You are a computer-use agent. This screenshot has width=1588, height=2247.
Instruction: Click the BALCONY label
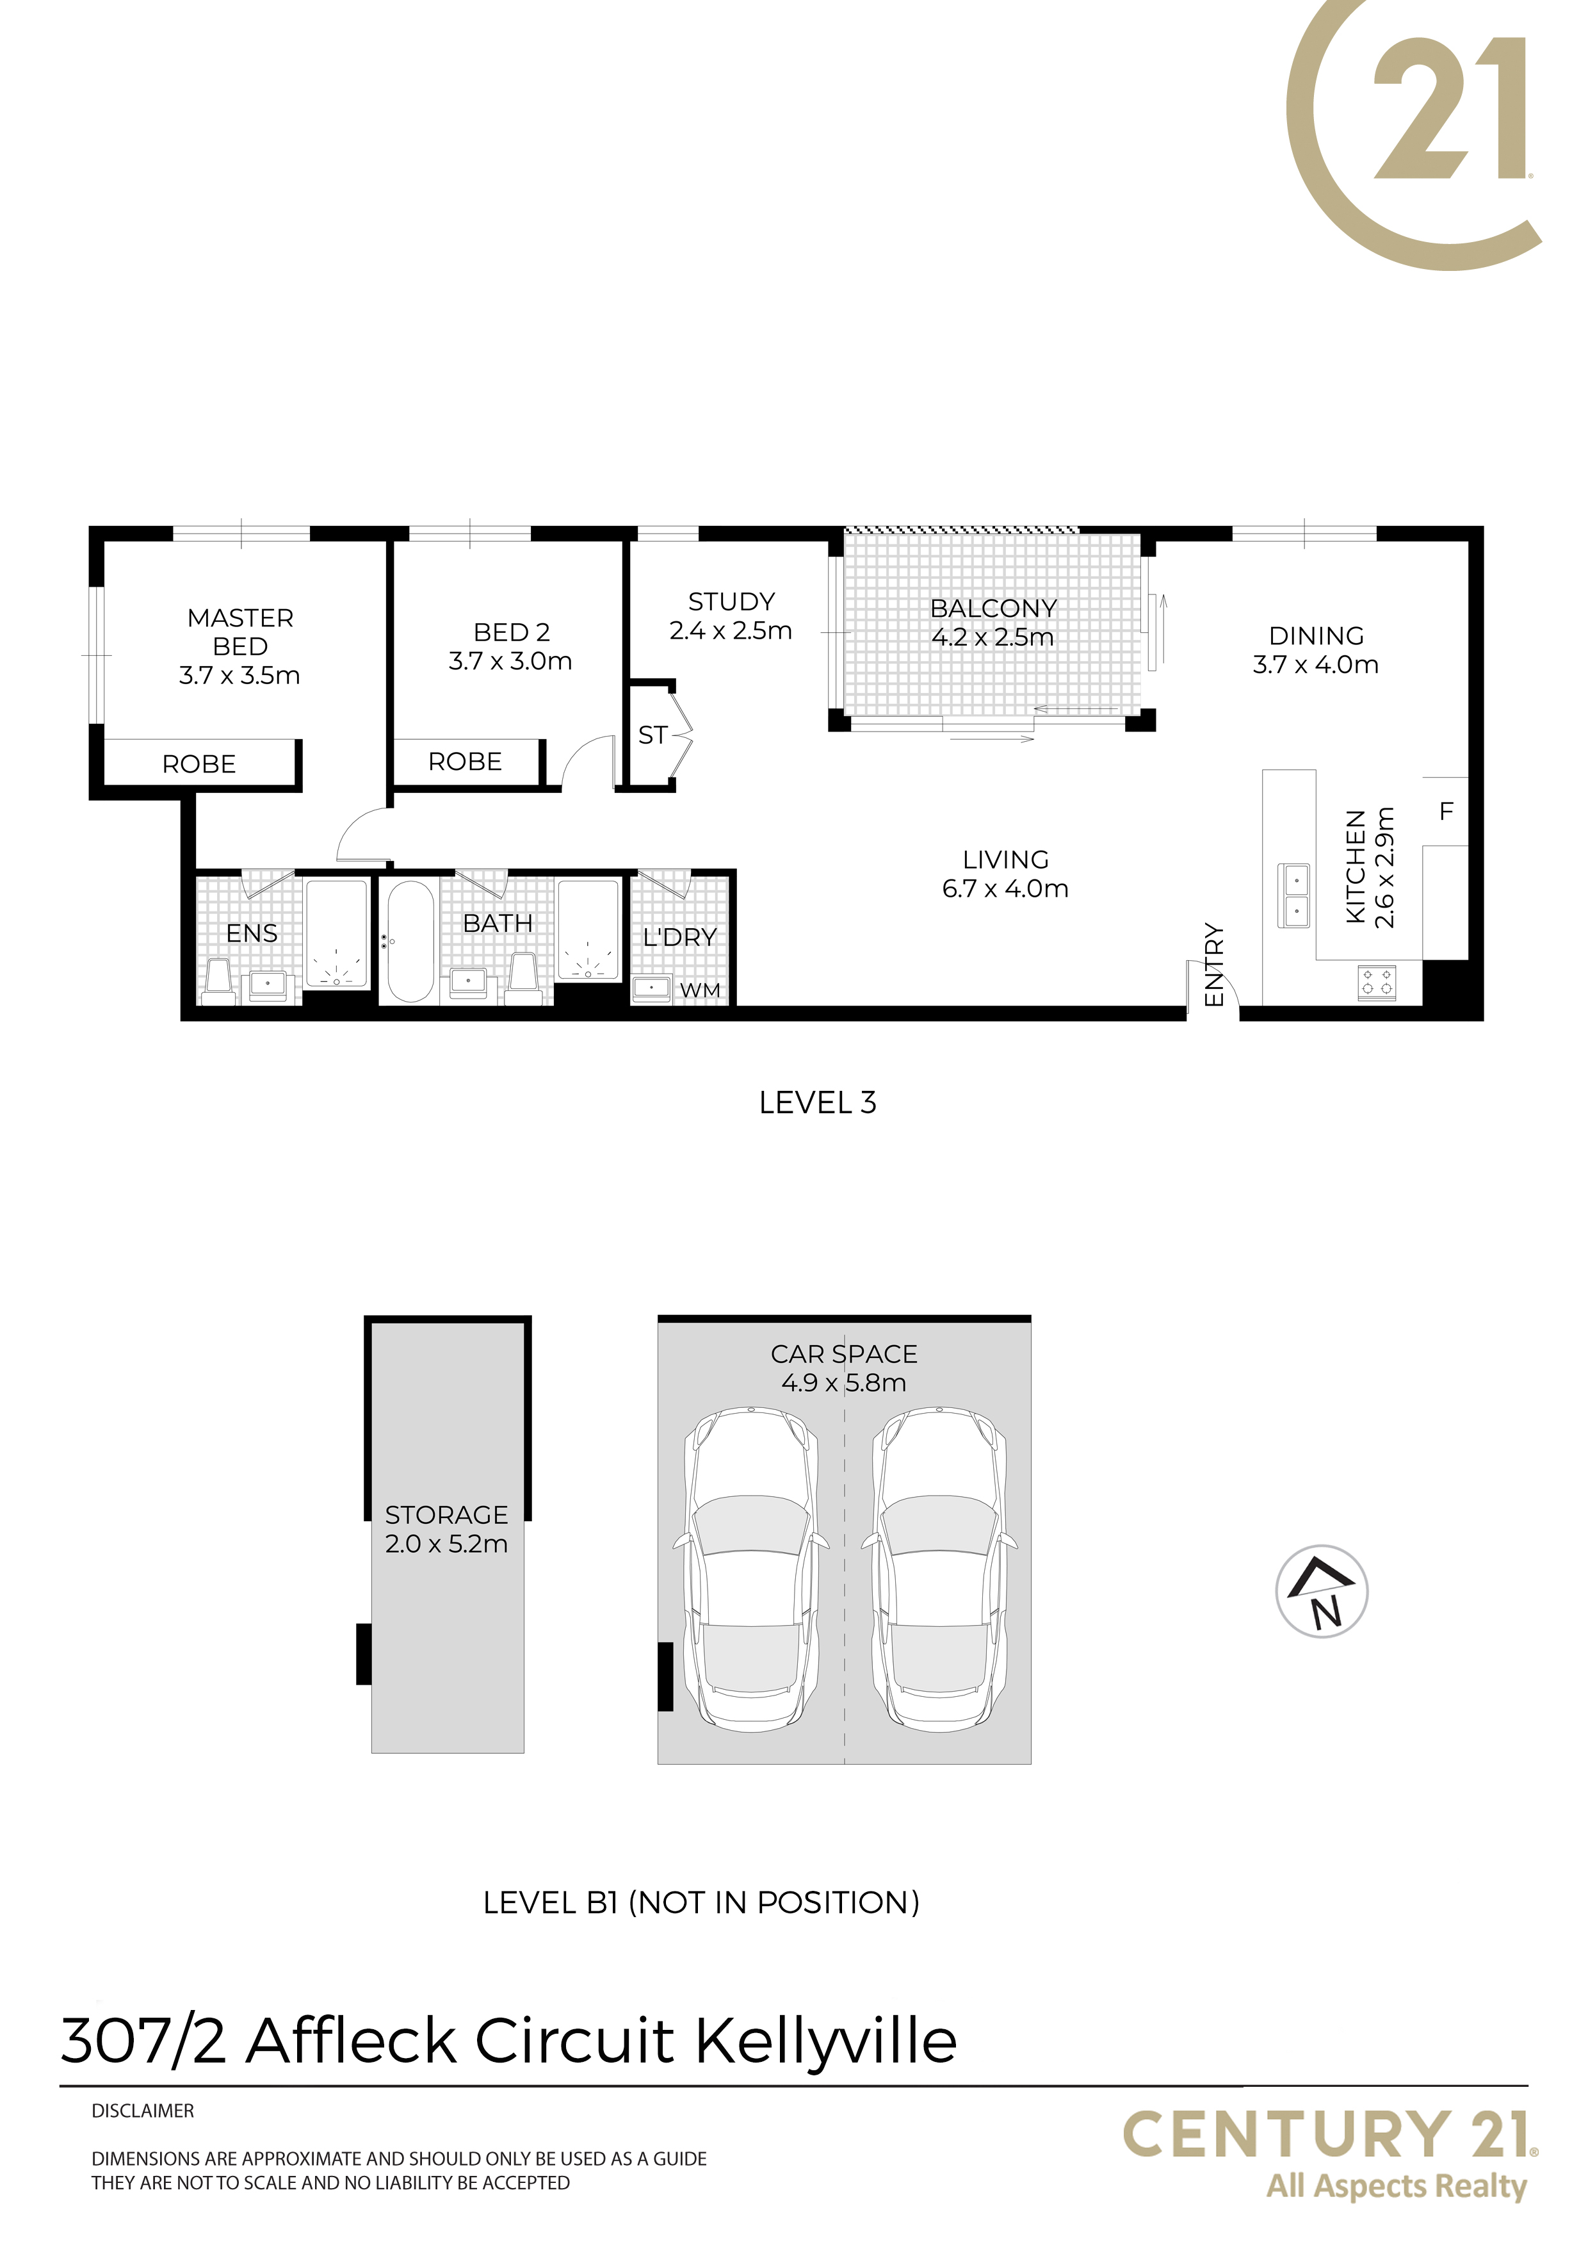pyautogui.click(x=993, y=609)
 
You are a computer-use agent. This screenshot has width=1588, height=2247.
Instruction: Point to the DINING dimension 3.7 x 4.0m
pyautogui.click(x=1316, y=666)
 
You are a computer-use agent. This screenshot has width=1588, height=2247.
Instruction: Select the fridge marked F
pyautogui.click(x=1445, y=812)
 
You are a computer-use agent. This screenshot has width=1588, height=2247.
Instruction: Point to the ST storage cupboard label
pyautogui.click(x=652, y=735)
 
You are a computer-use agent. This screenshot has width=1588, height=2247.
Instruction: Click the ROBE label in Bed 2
pyautogui.click(x=465, y=762)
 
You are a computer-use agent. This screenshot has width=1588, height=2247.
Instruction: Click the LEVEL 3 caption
pyautogui.click(x=818, y=1103)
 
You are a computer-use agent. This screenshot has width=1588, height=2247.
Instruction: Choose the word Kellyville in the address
pyautogui.click(x=826, y=2043)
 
